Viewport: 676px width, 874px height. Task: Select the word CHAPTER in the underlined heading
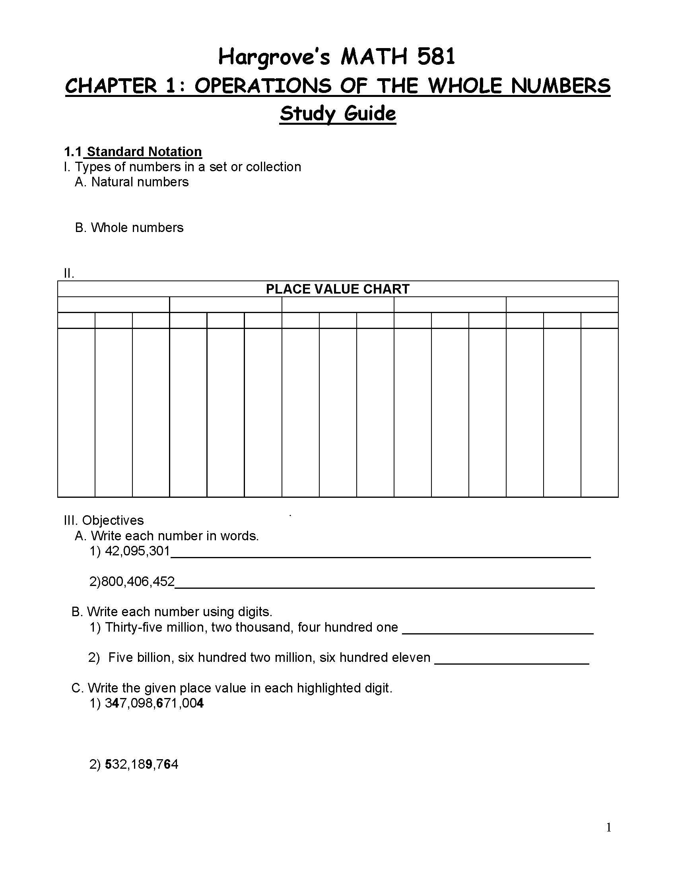click(111, 86)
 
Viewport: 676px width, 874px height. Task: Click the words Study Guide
click(338, 114)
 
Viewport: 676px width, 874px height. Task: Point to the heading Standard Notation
click(144, 152)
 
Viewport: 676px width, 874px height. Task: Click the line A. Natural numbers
click(132, 182)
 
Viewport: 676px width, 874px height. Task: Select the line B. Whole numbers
click(129, 228)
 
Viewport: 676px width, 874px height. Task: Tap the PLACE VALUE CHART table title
click(338, 289)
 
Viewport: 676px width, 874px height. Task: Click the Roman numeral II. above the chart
click(69, 274)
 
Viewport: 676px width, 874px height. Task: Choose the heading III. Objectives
click(104, 520)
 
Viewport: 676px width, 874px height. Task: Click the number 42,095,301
click(137, 551)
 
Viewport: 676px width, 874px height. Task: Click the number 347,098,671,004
click(154, 703)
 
